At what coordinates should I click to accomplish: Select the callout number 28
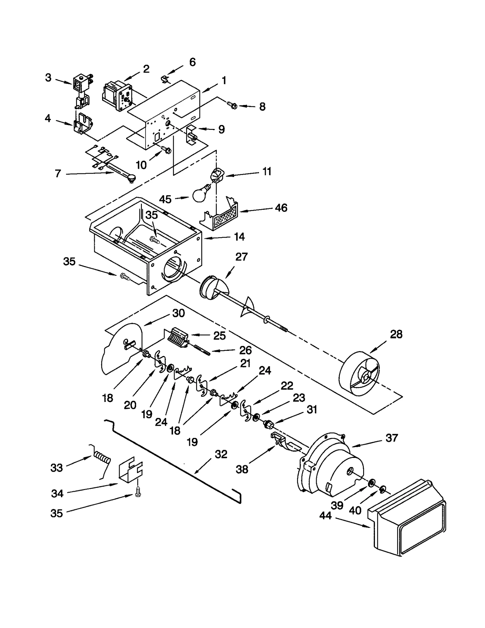tap(396, 334)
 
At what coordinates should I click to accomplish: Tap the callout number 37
tap(391, 438)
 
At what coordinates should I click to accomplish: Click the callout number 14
tap(239, 237)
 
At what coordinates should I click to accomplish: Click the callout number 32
tap(221, 454)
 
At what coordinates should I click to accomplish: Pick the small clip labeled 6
tap(165, 80)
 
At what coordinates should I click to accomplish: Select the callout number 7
tap(58, 174)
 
